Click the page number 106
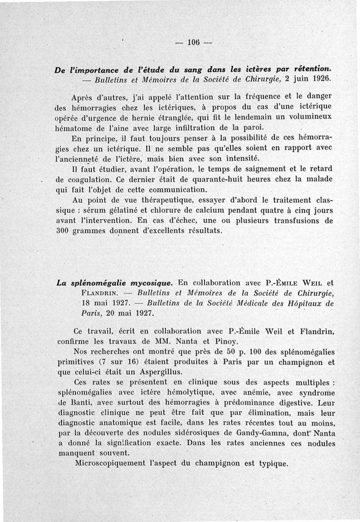tap(193, 44)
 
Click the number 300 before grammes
tap(66, 230)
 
